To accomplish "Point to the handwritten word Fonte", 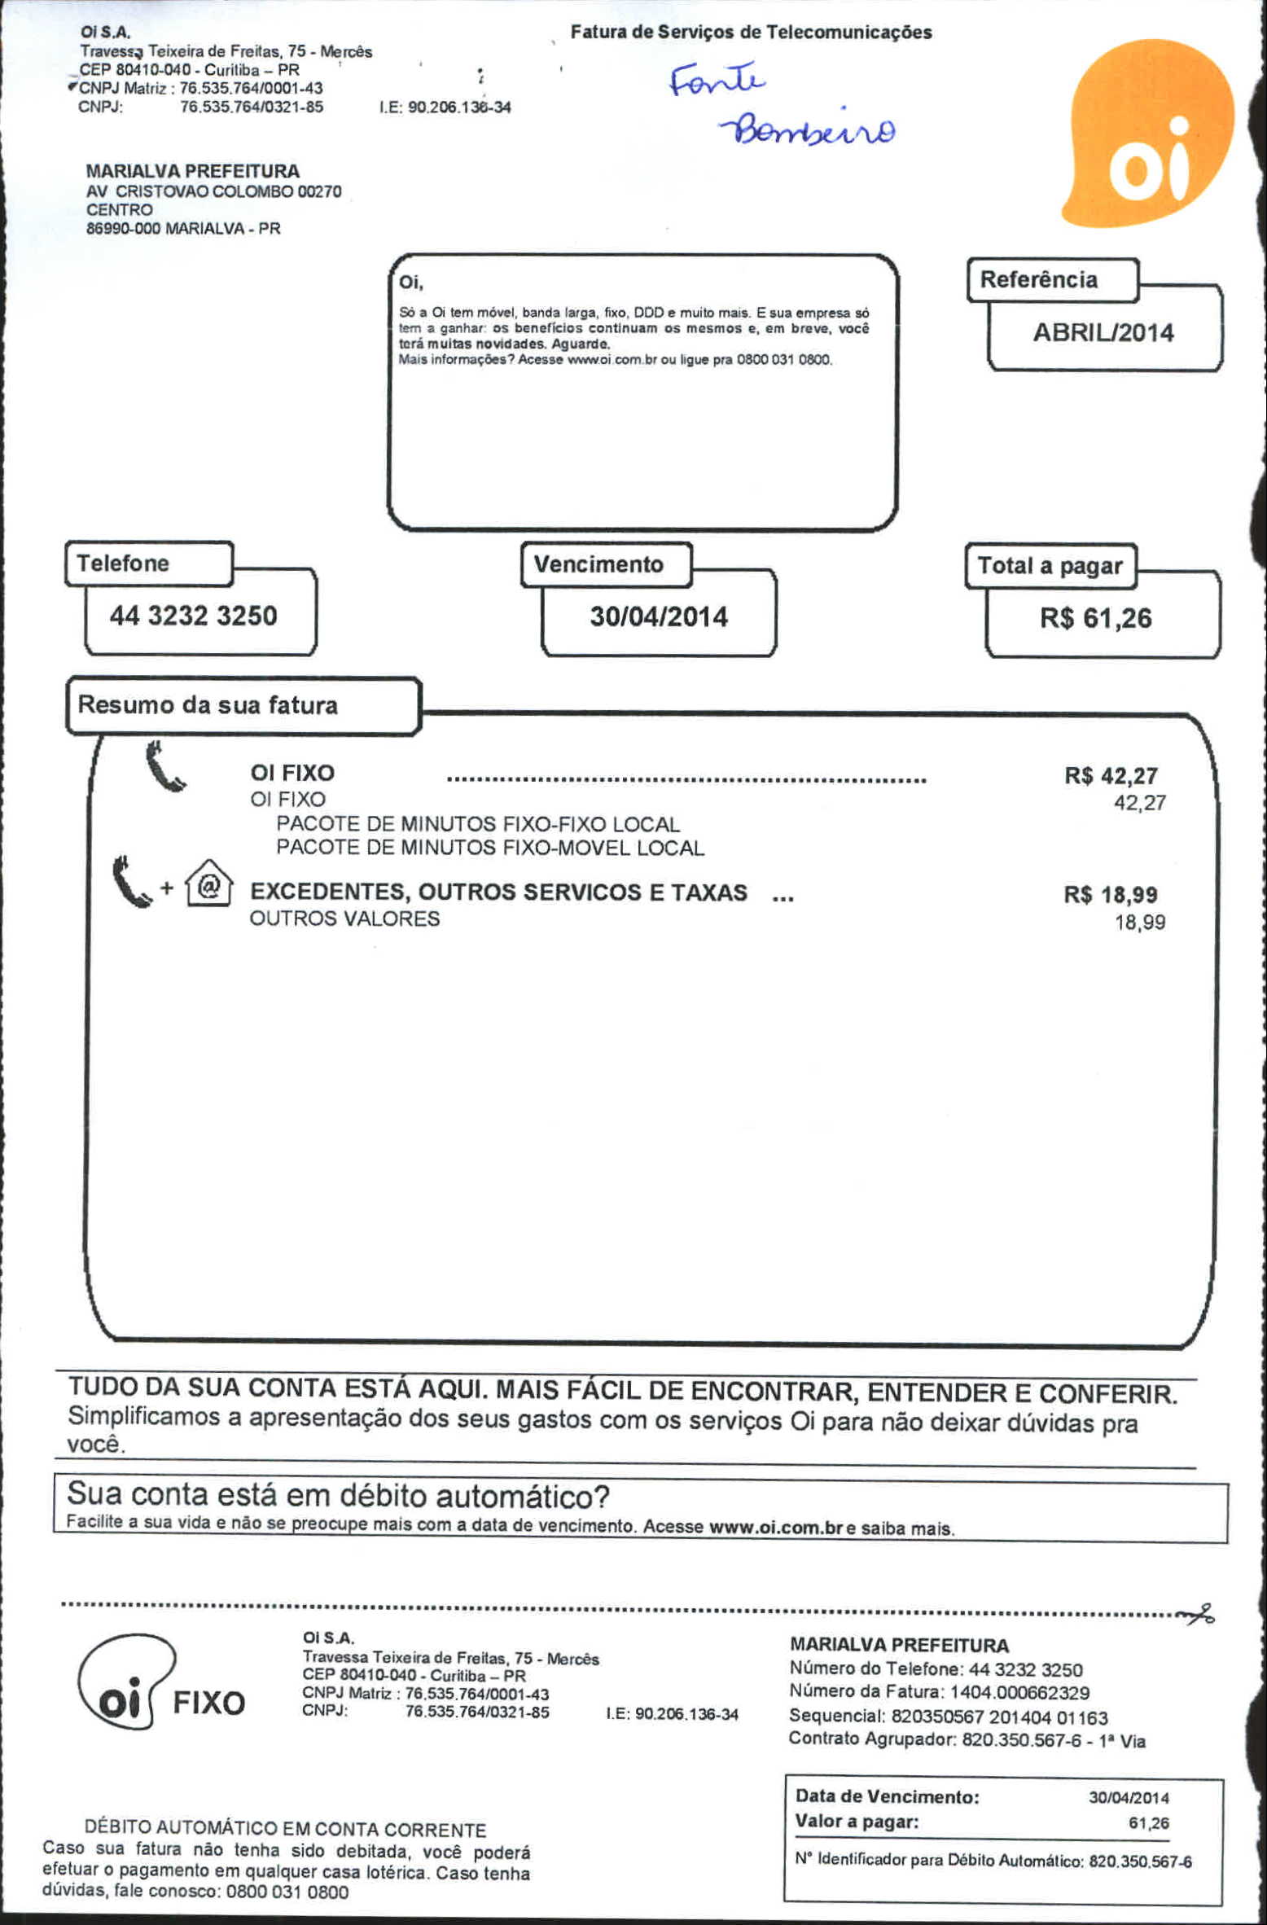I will (x=717, y=79).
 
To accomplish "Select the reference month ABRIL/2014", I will (x=1103, y=332).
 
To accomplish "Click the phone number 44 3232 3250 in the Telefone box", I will (x=193, y=616).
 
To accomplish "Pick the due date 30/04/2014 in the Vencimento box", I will (x=659, y=616).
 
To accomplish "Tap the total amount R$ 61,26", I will (x=1095, y=618).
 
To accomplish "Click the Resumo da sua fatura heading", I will (x=208, y=704).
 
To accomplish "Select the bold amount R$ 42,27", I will (x=1111, y=775).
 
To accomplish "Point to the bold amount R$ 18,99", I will (x=1110, y=894).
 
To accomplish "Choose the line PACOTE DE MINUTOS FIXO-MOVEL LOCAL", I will (x=489, y=848).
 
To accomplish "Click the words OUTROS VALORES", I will (x=344, y=919).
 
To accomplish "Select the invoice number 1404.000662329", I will (x=1019, y=1692).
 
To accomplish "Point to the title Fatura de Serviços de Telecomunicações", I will (x=751, y=32).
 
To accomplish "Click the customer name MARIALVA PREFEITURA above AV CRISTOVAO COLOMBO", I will (x=192, y=171).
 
